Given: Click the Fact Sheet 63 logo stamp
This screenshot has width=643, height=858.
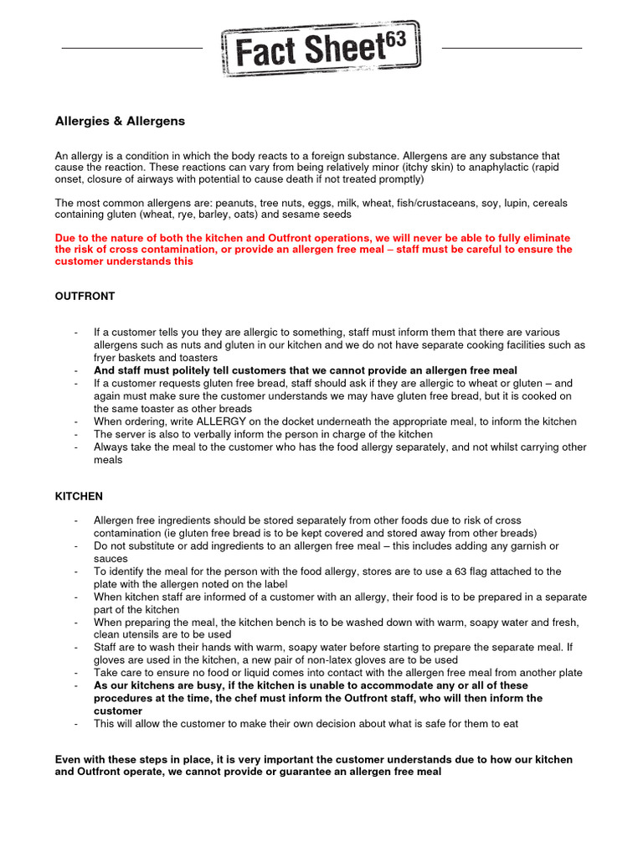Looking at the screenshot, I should point(321,49).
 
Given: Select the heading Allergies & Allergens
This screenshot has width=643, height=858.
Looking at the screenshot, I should point(120,121).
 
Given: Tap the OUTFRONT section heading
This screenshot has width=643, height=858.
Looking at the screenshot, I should point(85,296).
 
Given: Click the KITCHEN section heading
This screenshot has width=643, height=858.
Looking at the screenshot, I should point(79,496).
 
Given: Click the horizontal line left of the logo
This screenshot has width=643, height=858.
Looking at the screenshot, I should point(132,49).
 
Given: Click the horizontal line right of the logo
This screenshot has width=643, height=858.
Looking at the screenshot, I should point(511,49).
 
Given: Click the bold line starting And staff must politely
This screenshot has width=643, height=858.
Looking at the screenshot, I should point(305,370).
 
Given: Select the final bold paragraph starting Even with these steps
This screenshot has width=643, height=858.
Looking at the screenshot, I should point(313,766).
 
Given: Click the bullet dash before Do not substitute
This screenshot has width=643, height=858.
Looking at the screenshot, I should point(76,546).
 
